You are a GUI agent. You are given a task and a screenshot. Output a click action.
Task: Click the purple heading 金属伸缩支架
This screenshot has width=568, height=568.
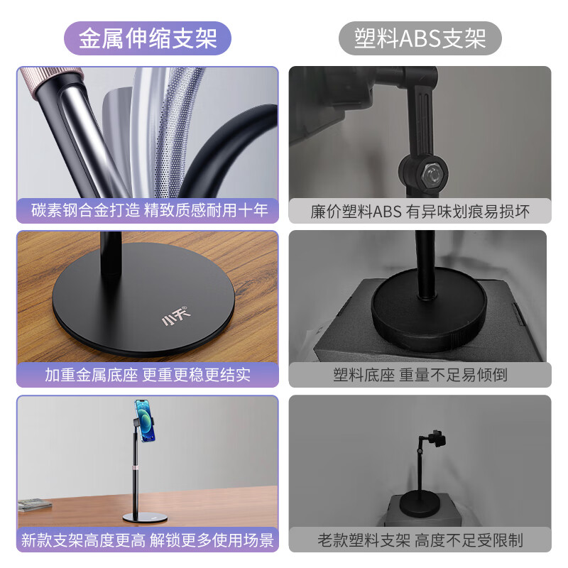point(148,38)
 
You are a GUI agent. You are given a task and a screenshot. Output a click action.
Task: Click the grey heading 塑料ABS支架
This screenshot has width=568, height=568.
point(420,38)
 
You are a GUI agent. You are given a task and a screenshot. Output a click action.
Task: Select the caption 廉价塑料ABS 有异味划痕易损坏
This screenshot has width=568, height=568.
point(420,211)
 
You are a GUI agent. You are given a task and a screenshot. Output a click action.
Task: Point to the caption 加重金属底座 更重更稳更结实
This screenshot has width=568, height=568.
point(148,373)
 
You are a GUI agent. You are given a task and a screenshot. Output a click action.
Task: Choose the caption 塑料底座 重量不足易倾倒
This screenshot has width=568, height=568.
point(420,374)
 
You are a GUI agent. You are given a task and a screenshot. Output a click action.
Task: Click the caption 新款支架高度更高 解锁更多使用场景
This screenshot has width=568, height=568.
point(148,540)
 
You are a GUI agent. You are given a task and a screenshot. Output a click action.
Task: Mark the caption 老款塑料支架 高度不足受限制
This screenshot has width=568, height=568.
point(420,540)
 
